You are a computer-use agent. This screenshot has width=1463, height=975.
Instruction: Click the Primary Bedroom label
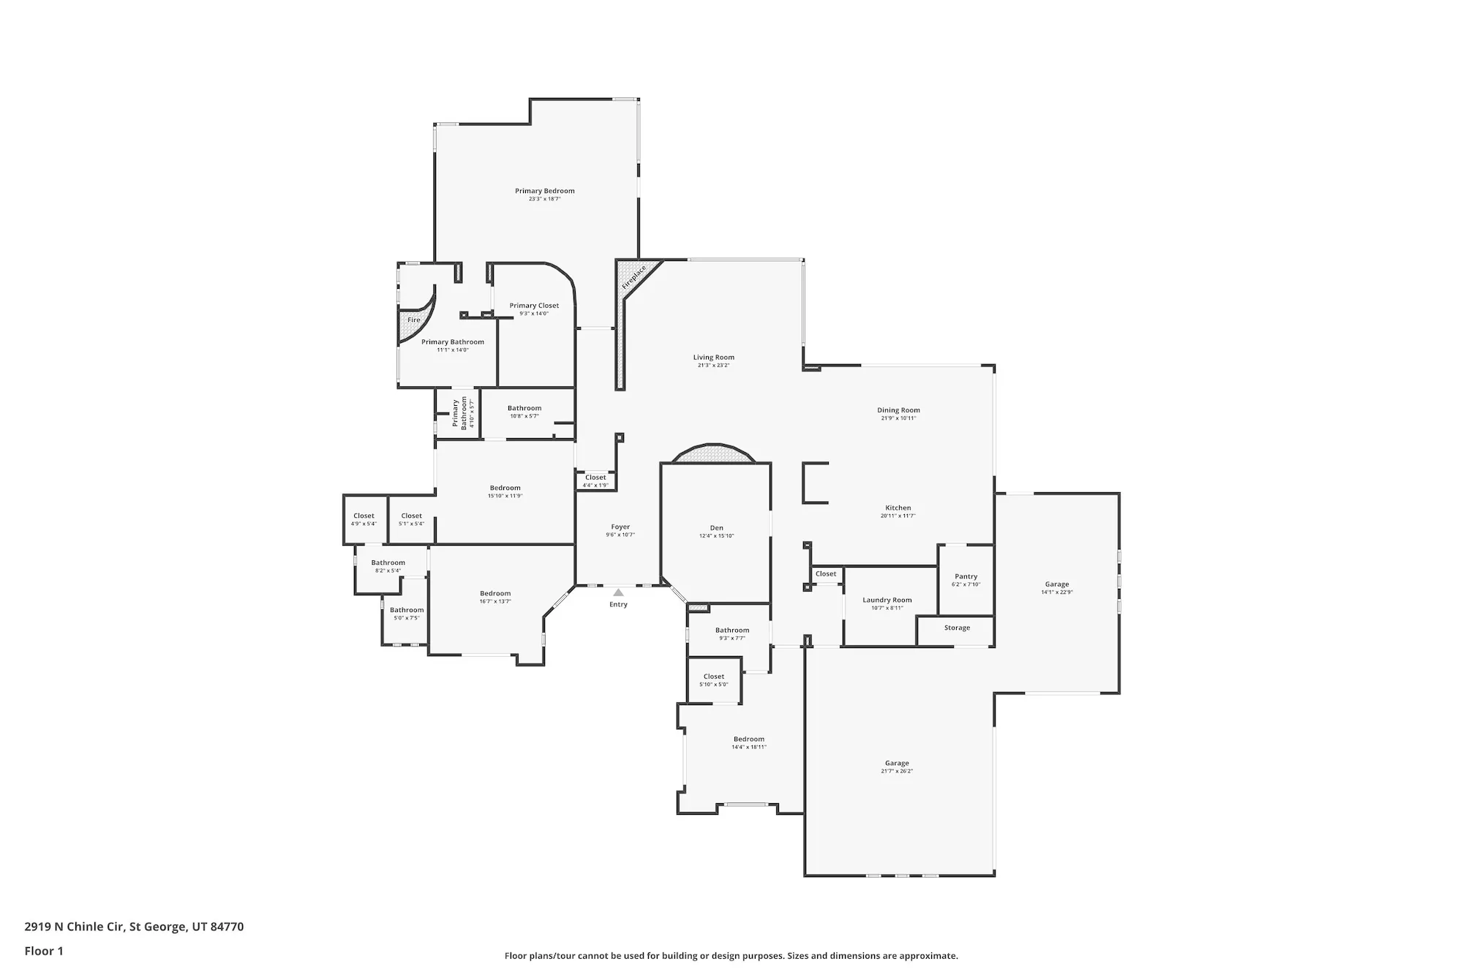[x=544, y=191]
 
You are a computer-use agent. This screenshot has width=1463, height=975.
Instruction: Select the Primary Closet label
[x=534, y=306]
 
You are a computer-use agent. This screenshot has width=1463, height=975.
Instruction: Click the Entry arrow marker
[x=618, y=592]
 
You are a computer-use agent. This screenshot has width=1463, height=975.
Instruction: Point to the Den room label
[x=716, y=528]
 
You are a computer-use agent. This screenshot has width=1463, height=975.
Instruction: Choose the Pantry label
[x=966, y=576]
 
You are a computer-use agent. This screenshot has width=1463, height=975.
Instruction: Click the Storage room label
[x=957, y=628]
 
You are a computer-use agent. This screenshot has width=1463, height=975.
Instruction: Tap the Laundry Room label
[x=887, y=600]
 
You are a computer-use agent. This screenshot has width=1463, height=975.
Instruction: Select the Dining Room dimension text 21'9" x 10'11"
[x=898, y=418]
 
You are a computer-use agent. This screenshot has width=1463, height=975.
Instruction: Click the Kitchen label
[x=898, y=508]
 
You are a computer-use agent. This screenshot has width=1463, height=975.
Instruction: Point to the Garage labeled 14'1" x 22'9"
[x=1056, y=584]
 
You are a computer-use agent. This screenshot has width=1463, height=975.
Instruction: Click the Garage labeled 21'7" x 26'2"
[x=897, y=763]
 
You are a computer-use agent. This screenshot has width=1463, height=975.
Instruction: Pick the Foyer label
[x=620, y=527]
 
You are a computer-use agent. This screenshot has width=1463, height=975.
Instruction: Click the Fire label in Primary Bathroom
[x=414, y=320]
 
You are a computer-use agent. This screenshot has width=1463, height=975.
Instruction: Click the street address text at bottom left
[x=134, y=927]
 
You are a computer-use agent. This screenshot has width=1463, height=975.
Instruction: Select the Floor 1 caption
[x=44, y=951]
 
